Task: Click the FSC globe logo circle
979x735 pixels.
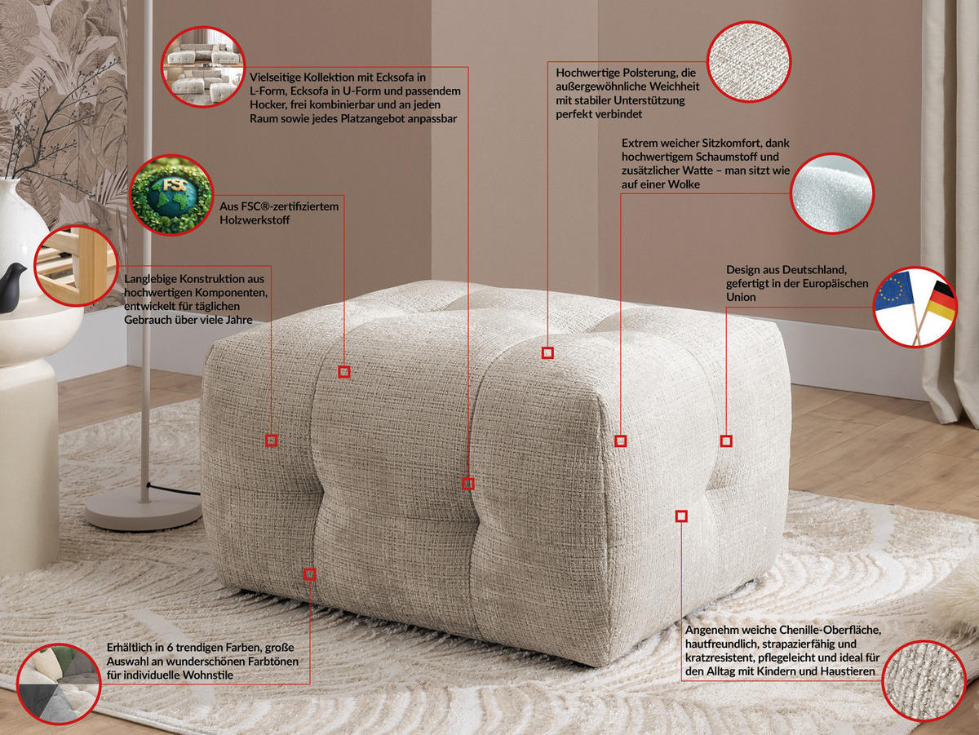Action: [171, 196]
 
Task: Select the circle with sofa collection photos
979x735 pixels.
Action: [202, 67]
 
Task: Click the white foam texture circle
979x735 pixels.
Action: [831, 194]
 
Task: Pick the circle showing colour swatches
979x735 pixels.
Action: [58, 684]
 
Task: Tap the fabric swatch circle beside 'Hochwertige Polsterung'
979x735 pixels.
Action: [749, 61]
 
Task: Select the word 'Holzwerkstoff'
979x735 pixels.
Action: [255, 220]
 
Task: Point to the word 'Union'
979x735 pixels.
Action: [741, 297]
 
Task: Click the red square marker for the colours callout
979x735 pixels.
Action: [309, 574]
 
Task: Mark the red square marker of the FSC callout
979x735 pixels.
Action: [344, 372]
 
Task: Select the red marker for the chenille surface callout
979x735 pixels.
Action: [681, 516]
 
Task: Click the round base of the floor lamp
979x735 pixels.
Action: [144, 509]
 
